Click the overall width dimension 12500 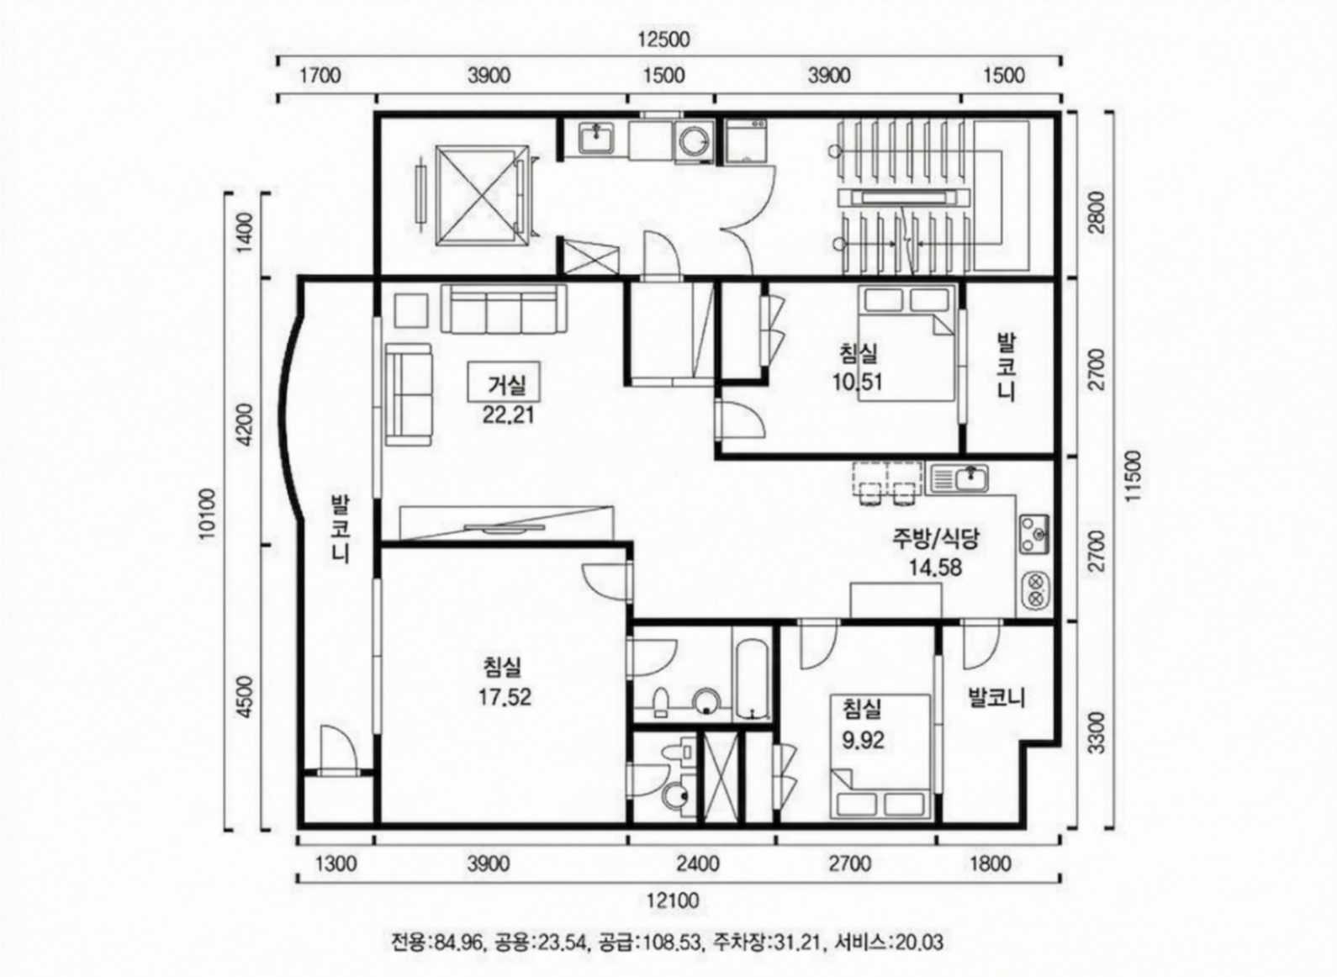coord(663,40)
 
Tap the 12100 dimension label coord(674,900)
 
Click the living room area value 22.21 coord(508,415)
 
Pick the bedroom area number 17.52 coord(505,696)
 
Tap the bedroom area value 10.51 coord(857,382)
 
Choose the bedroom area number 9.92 coord(863,741)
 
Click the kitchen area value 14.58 coord(935,568)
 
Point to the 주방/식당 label coord(935,540)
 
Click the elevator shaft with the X coord(483,195)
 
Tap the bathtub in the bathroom coord(752,681)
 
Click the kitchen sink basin coord(971,478)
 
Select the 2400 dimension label coord(697,863)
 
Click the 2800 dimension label coord(1097,213)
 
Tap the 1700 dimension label coord(320,76)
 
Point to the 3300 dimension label coord(1097,733)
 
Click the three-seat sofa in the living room coord(504,309)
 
